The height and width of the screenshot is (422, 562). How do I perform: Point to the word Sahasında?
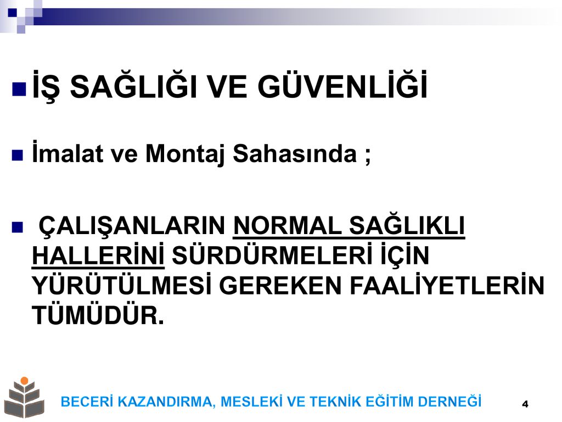coord(295,153)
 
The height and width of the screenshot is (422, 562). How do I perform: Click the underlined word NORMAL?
coord(288,226)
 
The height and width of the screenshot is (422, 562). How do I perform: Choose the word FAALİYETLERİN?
coord(447,285)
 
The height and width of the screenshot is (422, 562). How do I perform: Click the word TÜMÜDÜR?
coord(98,314)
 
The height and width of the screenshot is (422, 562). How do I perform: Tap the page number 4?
coord(525,404)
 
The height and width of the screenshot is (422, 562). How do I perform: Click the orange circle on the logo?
coord(24,381)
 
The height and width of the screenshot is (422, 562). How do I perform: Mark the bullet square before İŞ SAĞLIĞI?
coord(19,90)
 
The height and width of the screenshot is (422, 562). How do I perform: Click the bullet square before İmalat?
coord(18,156)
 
